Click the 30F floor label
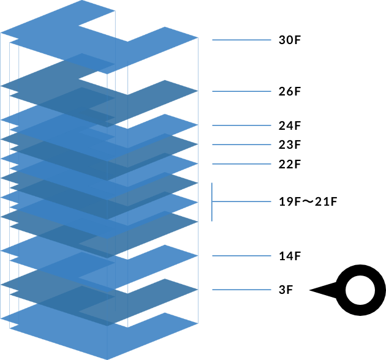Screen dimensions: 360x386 (290, 40)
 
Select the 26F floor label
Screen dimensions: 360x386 (290, 92)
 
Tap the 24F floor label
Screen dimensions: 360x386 (290, 126)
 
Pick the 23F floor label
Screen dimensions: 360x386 (290, 145)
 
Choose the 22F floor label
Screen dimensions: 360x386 (290, 164)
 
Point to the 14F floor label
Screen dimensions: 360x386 (290, 255)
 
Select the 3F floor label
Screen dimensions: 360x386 (286, 290)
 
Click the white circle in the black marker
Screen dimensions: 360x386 (359, 291)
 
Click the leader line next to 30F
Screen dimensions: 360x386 (241, 40)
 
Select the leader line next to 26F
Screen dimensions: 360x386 (241, 92)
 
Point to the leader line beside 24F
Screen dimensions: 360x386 (241, 126)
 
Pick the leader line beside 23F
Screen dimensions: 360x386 (241, 145)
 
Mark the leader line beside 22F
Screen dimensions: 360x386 (241, 164)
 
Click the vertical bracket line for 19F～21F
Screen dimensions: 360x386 (213, 201)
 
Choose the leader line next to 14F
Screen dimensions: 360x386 (241, 255)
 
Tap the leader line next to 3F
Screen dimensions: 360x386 (241, 290)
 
